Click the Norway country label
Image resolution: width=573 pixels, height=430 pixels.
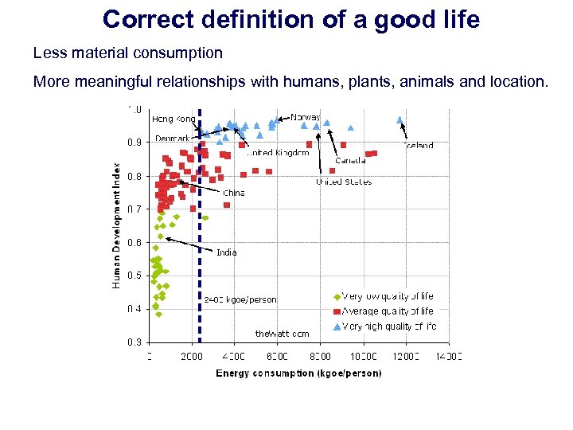point(306,117)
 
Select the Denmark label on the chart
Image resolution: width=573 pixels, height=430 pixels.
point(173,139)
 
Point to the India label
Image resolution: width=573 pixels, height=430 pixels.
point(227,252)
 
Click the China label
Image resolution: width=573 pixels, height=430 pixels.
point(234,193)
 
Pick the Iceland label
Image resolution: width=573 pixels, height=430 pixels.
point(419,146)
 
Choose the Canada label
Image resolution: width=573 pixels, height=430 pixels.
point(350,160)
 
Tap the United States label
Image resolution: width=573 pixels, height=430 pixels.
point(344,182)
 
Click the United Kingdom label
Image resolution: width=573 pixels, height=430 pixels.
point(278,153)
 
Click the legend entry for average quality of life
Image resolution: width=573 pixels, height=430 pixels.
point(387,311)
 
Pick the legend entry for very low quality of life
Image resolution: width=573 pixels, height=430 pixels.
point(387,296)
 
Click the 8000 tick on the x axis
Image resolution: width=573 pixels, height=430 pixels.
point(320,357)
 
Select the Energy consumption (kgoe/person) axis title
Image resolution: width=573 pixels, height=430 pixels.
point(298,373)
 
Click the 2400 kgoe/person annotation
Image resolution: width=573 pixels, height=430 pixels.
point(240,300)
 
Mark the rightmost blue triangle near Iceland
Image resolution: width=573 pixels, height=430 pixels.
point(400,120)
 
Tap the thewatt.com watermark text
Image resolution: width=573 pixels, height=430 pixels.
point(282,334)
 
